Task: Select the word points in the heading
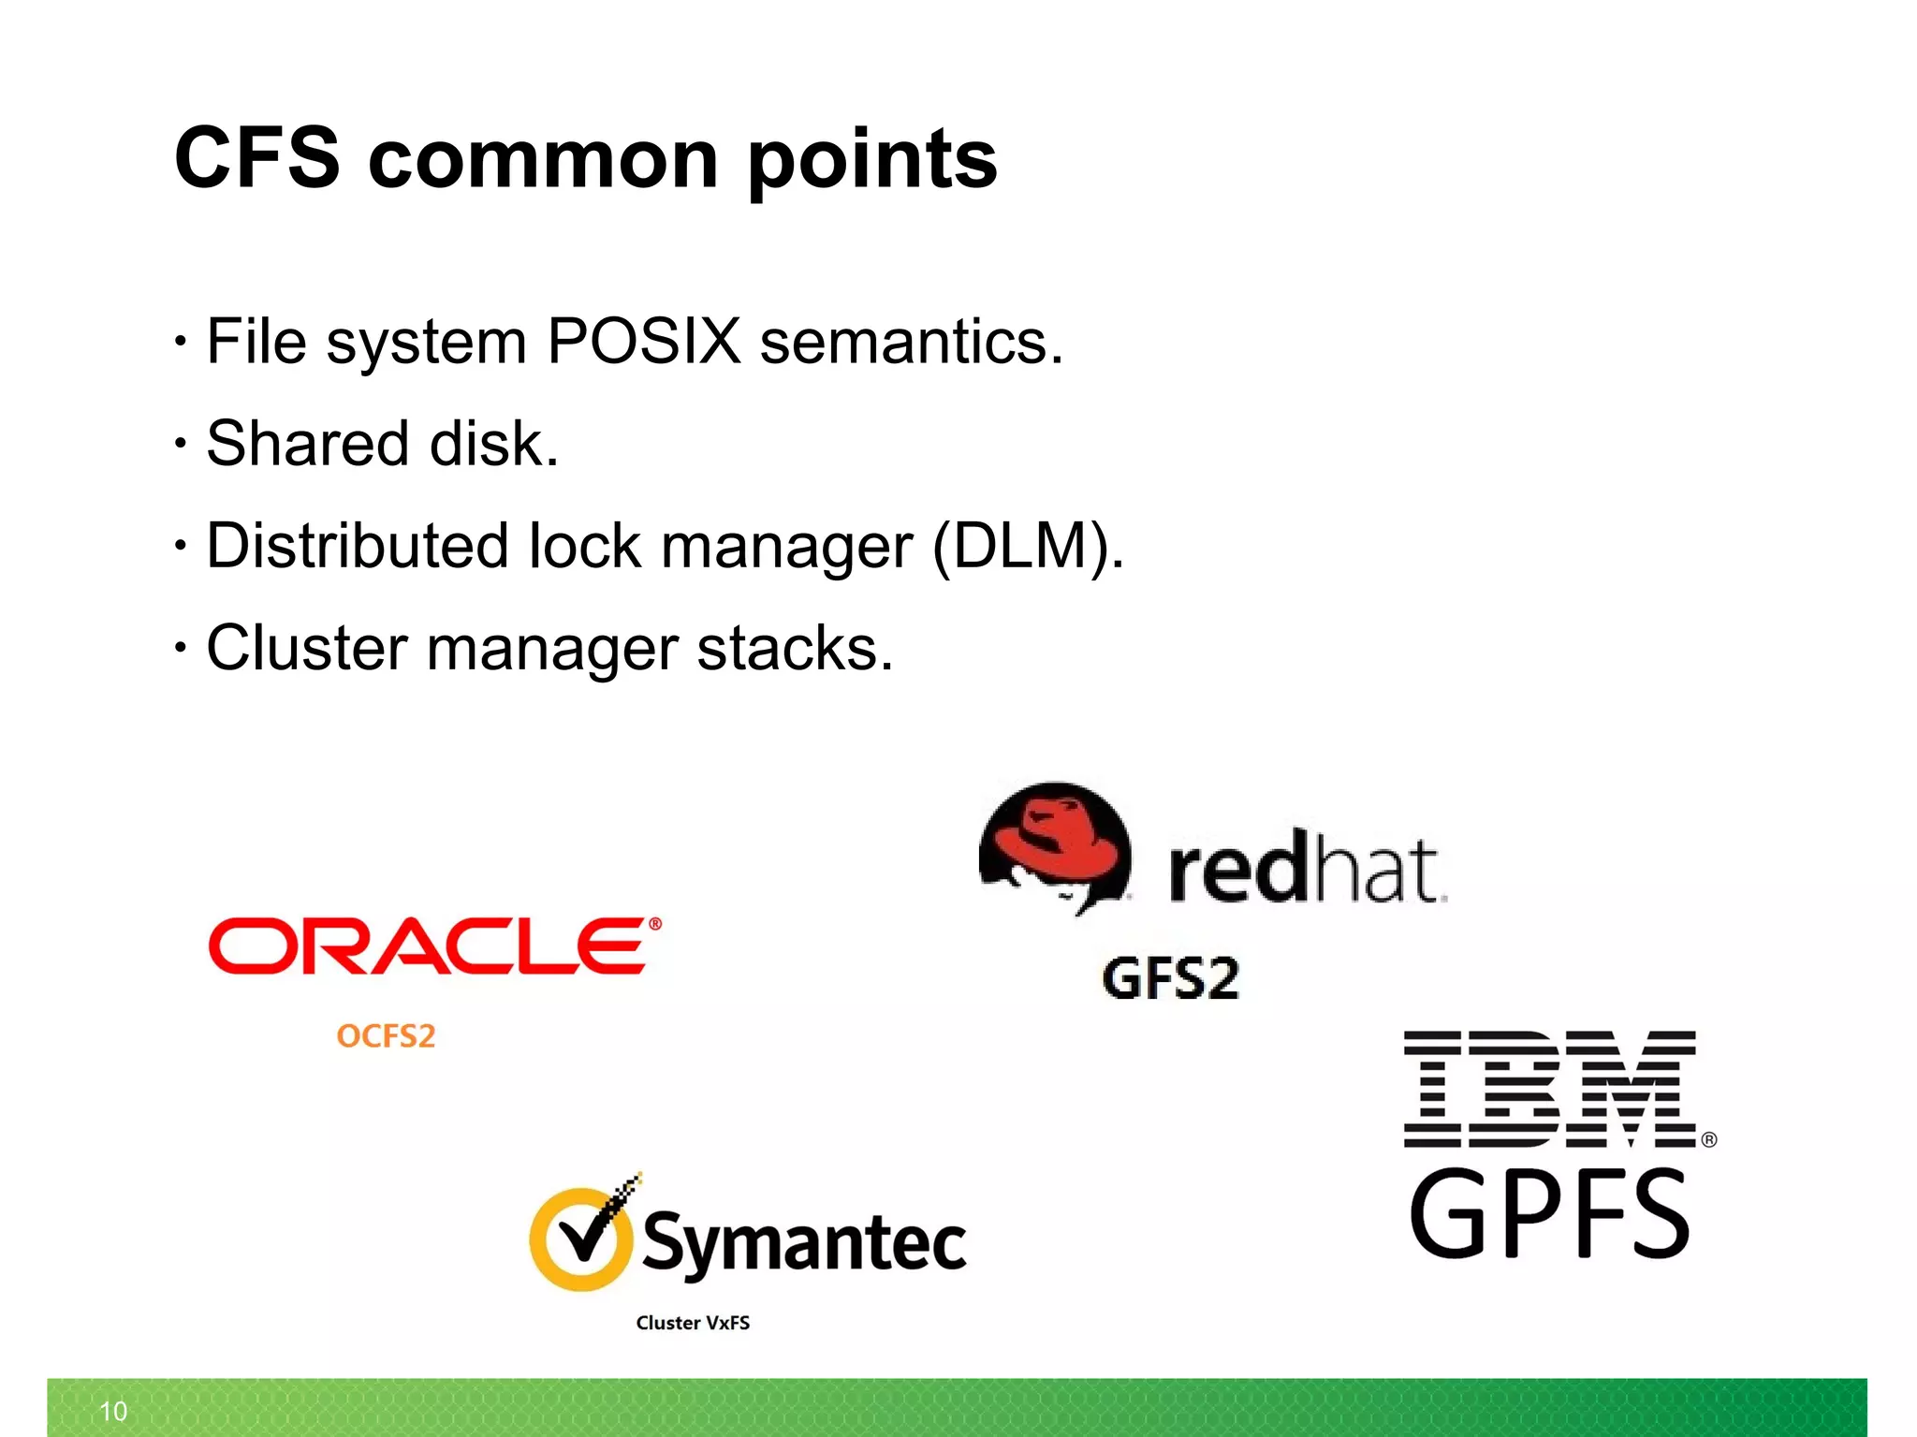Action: [872, 161]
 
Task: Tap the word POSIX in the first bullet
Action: [644, 341]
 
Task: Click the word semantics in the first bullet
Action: [911, 343]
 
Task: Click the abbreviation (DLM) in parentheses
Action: [1026, 547]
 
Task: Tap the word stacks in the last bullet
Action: [795, 648]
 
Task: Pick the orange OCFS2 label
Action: [386, 1036]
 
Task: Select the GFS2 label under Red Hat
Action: [1170, 979]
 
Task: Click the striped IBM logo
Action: [1550, 1089]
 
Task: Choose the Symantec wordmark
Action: [804, 1241]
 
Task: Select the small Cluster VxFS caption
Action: [693, 1323]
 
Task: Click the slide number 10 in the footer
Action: [113, 1411]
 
